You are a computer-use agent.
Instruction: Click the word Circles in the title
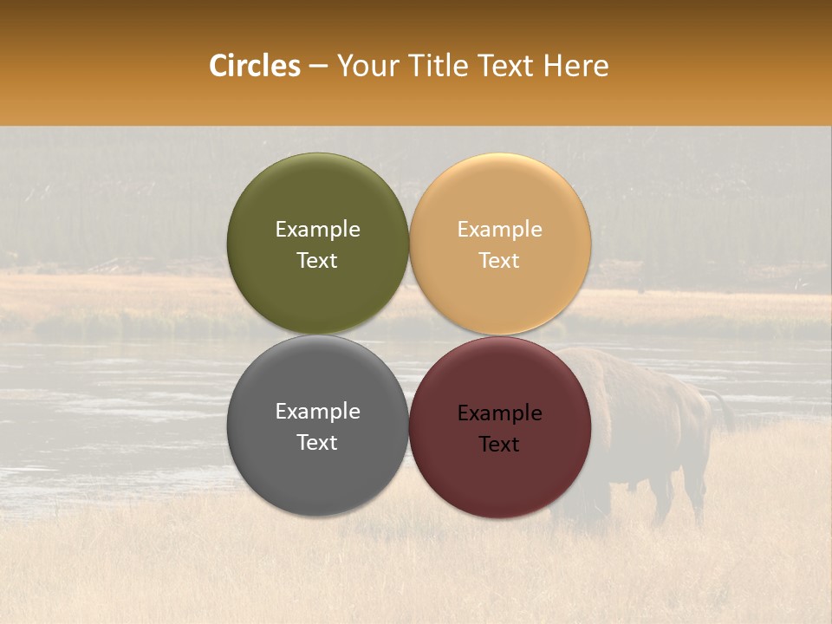(255, 66)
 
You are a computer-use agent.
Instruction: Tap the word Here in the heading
(576, 66)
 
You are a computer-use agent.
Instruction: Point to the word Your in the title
(366, 66)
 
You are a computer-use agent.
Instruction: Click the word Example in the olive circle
(317, 230)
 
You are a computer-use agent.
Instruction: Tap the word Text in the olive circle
(317, 261)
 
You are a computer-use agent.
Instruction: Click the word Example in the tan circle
(500, 230)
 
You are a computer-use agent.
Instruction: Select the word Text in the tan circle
(500, 261)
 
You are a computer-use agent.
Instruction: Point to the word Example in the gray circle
(317, 412)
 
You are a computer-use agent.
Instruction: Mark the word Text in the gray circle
(317, 443)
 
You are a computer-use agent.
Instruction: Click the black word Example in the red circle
(500, 413)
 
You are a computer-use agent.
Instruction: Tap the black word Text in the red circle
(500, 445)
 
